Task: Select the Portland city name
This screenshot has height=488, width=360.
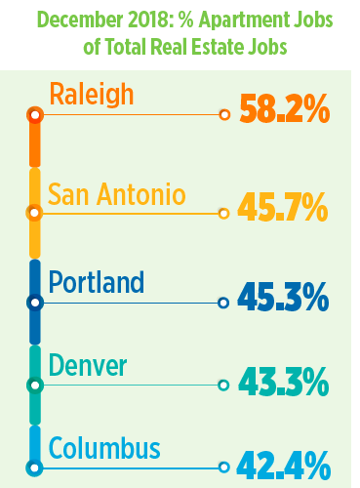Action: pos(96,283)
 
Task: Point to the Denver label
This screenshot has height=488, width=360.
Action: pos(89,366)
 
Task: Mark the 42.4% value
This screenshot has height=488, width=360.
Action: pos(284,467)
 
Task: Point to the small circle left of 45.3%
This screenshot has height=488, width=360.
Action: pos(223,304)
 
